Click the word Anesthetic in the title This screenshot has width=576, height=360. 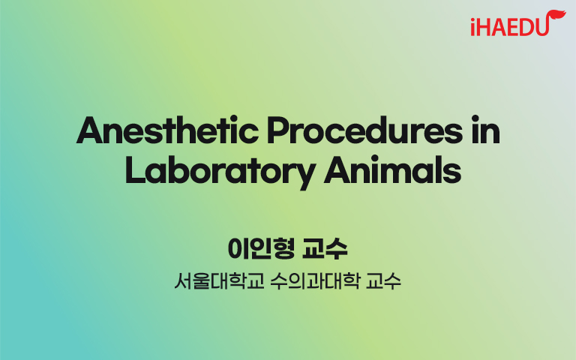(x=167, y=130)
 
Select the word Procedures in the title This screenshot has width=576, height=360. (x=364, y=130)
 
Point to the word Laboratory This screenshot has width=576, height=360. (x=220, y=172)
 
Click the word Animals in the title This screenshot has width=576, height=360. (x=392, y=169)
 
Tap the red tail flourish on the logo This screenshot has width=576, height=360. (x=556, y=16)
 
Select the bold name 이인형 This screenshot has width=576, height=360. (x=261, y=249)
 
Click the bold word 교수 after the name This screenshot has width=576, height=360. (x=325, y=249)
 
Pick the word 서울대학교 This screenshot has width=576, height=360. (x=219, y=281)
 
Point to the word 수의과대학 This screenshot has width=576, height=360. (x=314, y=281)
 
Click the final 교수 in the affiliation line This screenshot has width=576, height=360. (x=383, y=281)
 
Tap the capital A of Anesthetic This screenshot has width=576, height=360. (x=88, y=130)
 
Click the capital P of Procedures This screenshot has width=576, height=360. (x=278, y=130)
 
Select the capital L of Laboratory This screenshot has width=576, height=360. (x=136, y=170)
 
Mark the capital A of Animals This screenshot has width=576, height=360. (x=337, y=170)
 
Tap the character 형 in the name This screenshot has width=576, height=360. (x=283, y=249)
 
